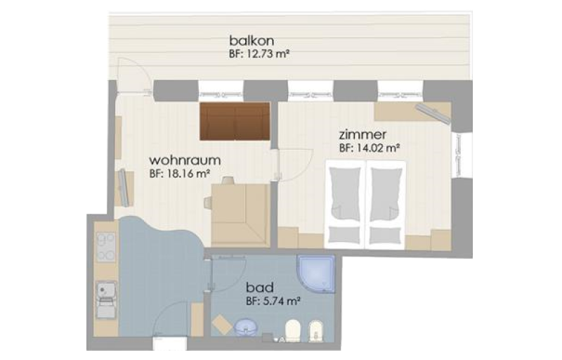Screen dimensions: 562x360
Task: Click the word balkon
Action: point(251,40)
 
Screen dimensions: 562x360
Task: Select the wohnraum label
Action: point(185,160)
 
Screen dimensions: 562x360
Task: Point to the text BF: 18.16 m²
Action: point(179,174)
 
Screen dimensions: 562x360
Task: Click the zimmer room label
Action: point(362,135)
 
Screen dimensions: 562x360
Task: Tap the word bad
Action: point(260,287)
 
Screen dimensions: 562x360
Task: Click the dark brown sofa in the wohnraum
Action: point(235,121)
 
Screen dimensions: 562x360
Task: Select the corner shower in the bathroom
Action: point(316,274)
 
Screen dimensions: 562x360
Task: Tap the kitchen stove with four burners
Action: point(106,247)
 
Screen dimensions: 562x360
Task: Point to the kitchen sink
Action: point(106,300)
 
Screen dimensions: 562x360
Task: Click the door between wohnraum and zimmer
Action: point(294,166)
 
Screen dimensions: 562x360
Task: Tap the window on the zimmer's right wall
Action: point(458,155)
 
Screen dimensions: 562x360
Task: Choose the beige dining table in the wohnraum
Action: point(240,215)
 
